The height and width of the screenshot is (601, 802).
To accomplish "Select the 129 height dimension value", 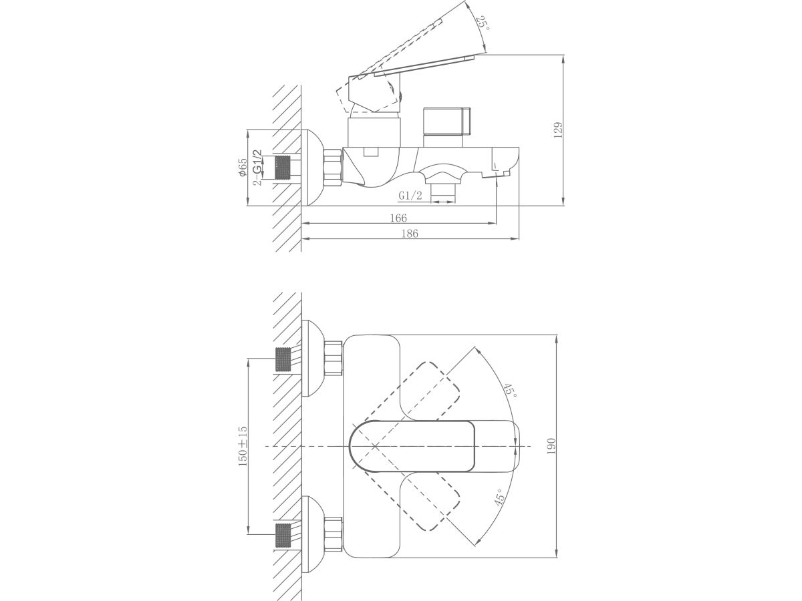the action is (x=558, y=130).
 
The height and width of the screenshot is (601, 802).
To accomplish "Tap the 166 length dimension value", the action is (x=398, y=218).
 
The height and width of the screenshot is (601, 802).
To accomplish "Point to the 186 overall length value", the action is (x=410, y=234).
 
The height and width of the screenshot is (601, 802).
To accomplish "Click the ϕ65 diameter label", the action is (x=243, y=168).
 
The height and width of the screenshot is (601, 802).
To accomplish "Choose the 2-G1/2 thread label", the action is (x=258, y=168).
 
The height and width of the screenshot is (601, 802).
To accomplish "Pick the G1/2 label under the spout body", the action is (x=410, y=196).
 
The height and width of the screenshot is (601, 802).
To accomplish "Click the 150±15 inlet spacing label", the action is (x=243, y=446).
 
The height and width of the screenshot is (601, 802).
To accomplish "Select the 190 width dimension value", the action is (x=551, y=446).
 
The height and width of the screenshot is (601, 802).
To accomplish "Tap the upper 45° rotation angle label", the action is (x=510, y=391).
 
